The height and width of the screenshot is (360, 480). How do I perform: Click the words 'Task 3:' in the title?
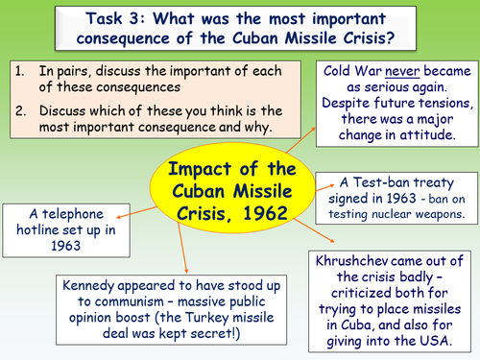click(104, 17)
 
